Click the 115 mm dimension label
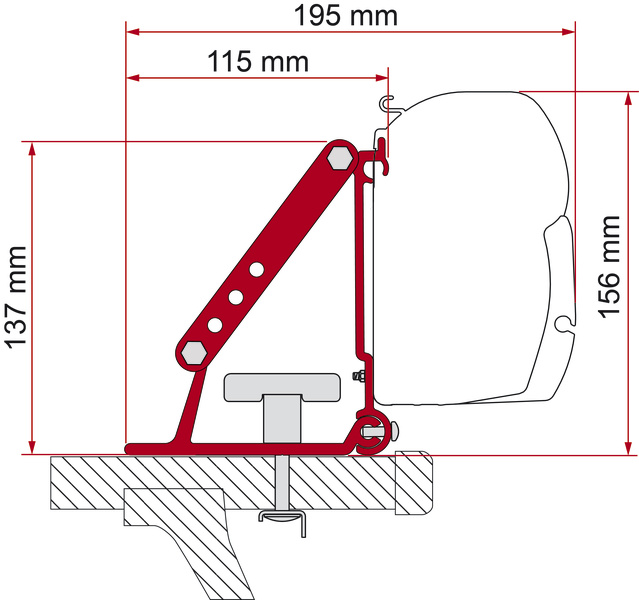click(258, 61)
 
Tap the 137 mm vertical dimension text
click(15, 298)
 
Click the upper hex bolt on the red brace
click(340, 157)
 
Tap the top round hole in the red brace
click(256, 268)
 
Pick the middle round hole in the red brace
click(236, 296)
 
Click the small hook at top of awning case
click(388, 101)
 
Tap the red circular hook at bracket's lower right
click(370, 427)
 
